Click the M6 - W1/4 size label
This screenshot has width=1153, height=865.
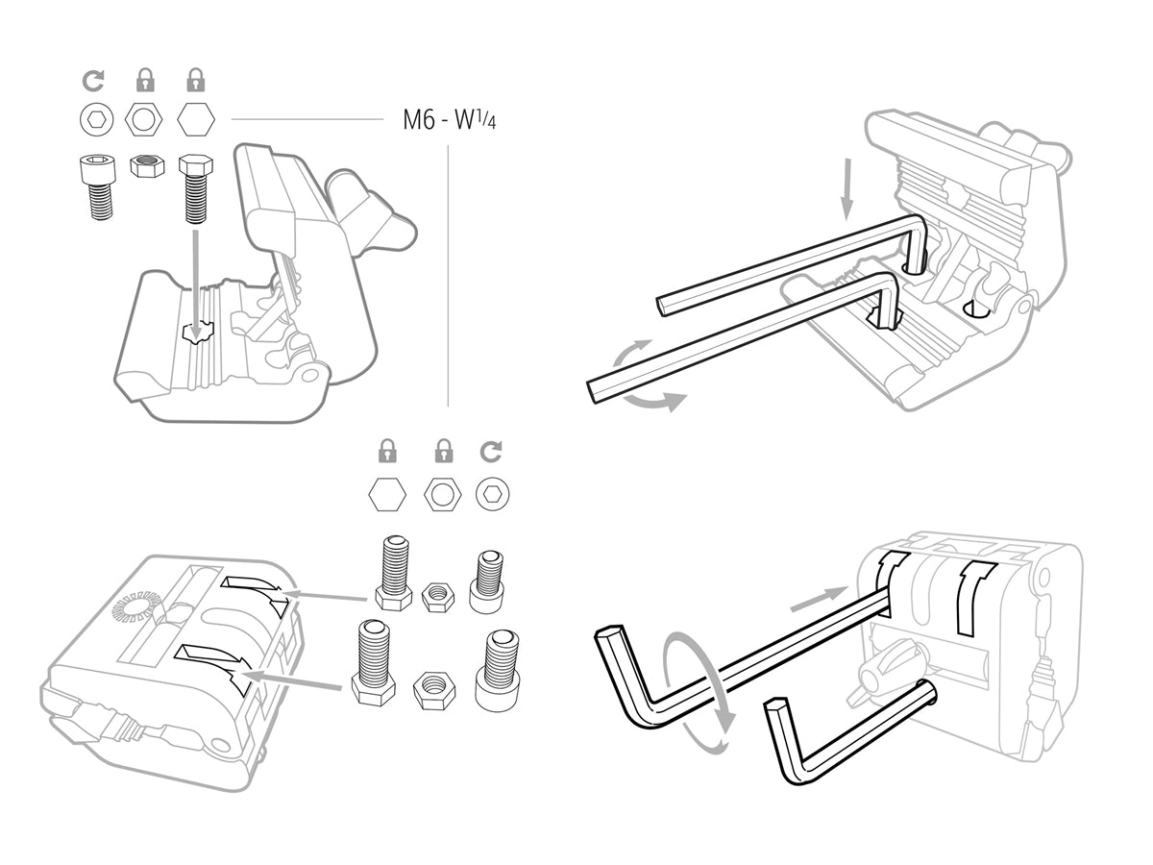(x=450, y=121)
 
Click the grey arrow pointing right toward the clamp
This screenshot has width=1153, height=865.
(x=818, y=602)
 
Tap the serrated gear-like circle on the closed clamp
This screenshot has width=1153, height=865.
(x=133, y=608)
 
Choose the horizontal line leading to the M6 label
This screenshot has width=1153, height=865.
(x=307, y=120)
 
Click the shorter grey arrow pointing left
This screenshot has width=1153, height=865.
(x=327, y=597)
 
